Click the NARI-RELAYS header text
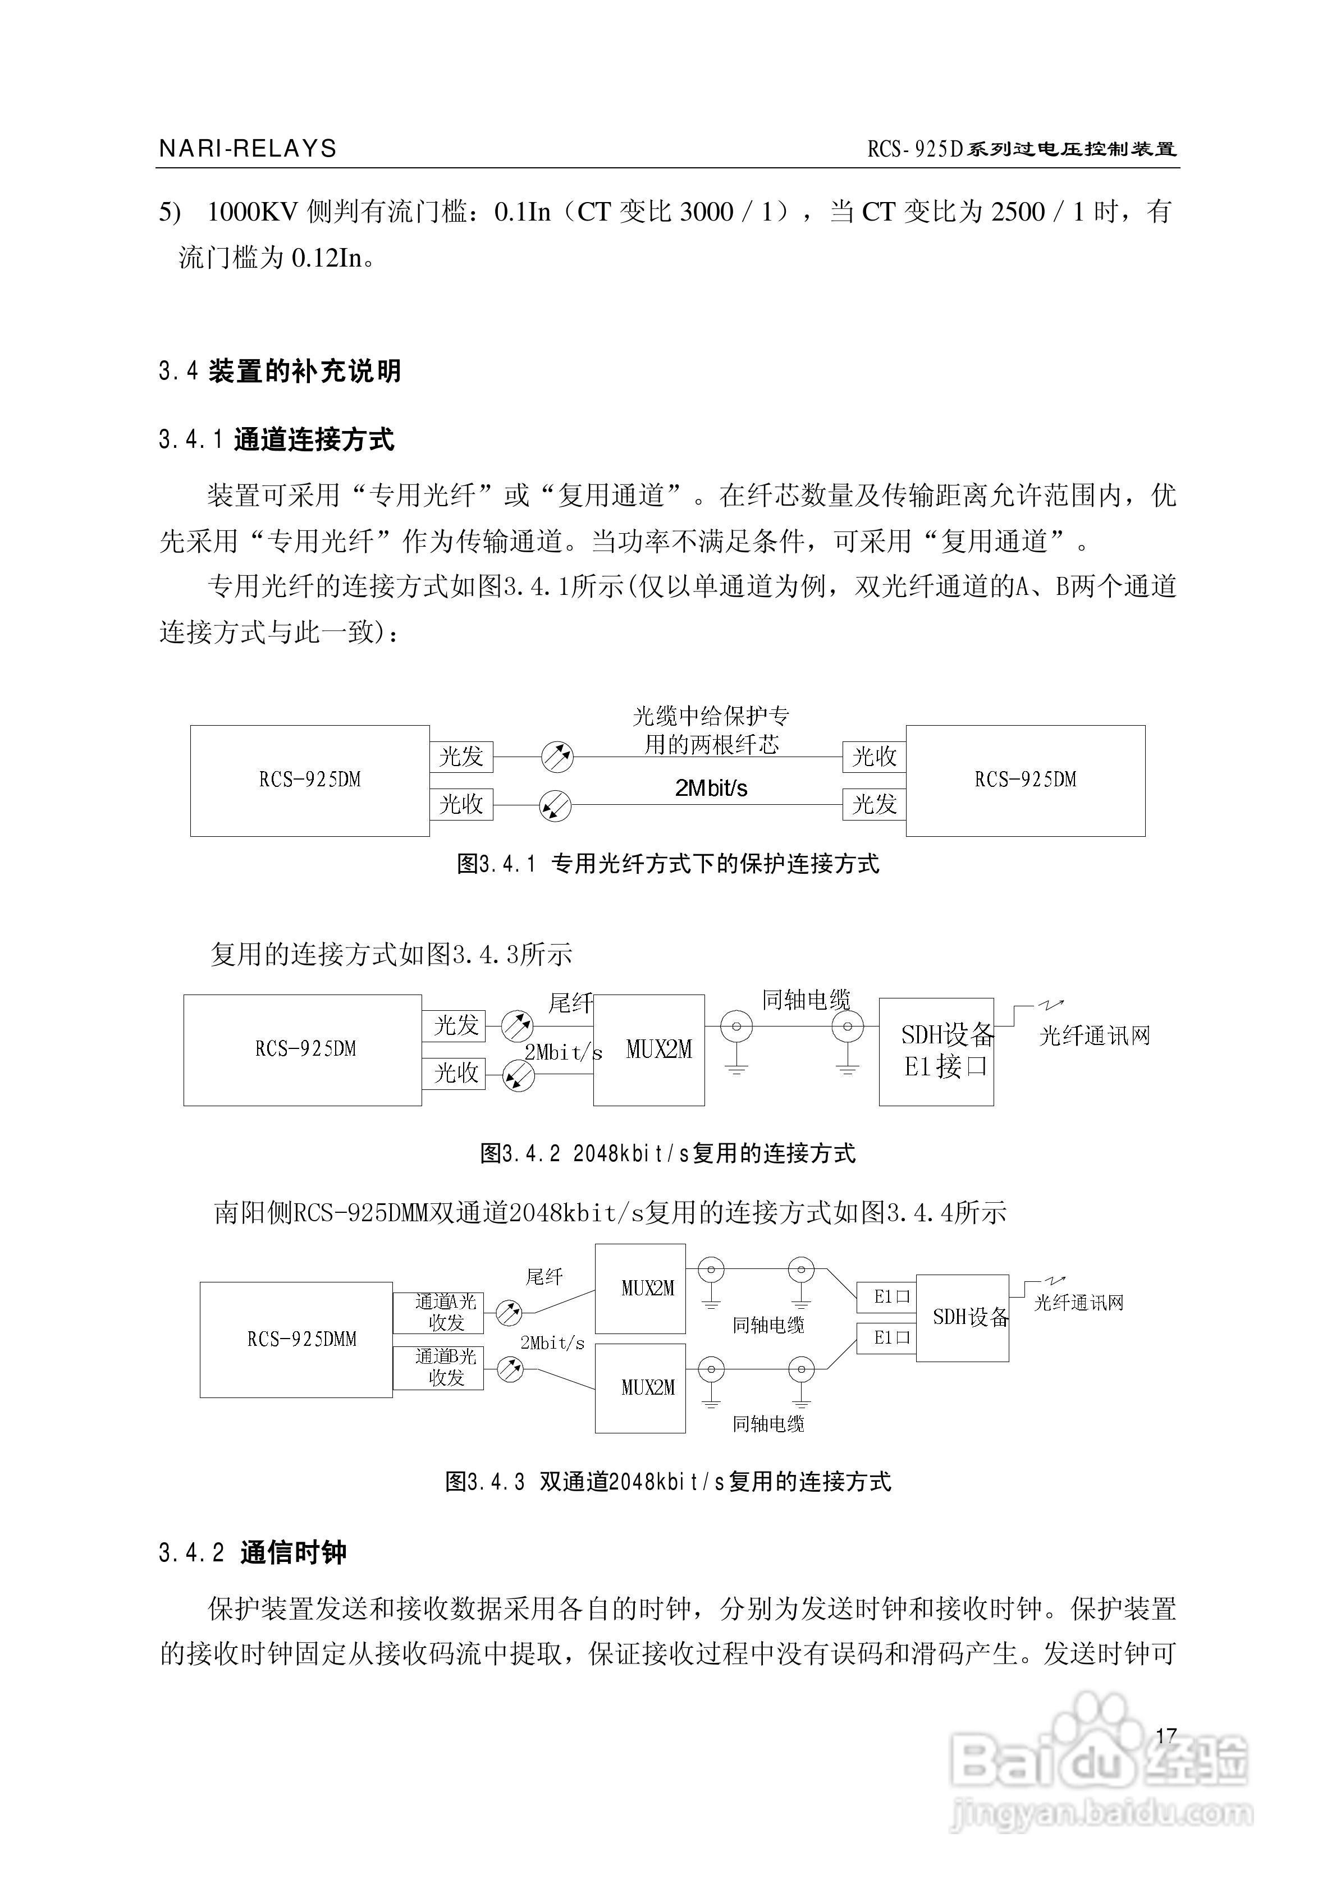pos(248,149)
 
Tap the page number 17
pos(1166,1736)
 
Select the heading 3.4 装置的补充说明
pos(280,371)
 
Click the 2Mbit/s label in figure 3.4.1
pos(711,789)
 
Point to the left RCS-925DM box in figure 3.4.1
pos(309,780)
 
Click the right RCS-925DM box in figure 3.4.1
pos(1025,780)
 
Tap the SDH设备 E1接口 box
pos(936,1052)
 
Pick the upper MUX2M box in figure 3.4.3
pos(640,1289)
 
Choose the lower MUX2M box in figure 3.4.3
pos(640,1388)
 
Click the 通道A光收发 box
pos(438,1312)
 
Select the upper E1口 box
pos(886,1297)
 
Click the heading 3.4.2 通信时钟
pos(253,1552)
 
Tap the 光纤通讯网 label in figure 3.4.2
pos(1094,1036)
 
